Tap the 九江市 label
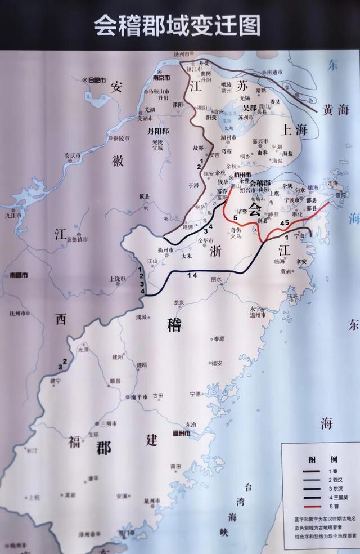pyautogui.click(x=13, y=215)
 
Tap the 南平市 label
pyautogui.click(x=139, y=396)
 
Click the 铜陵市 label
pyautogui.click(x=120, y=138)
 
